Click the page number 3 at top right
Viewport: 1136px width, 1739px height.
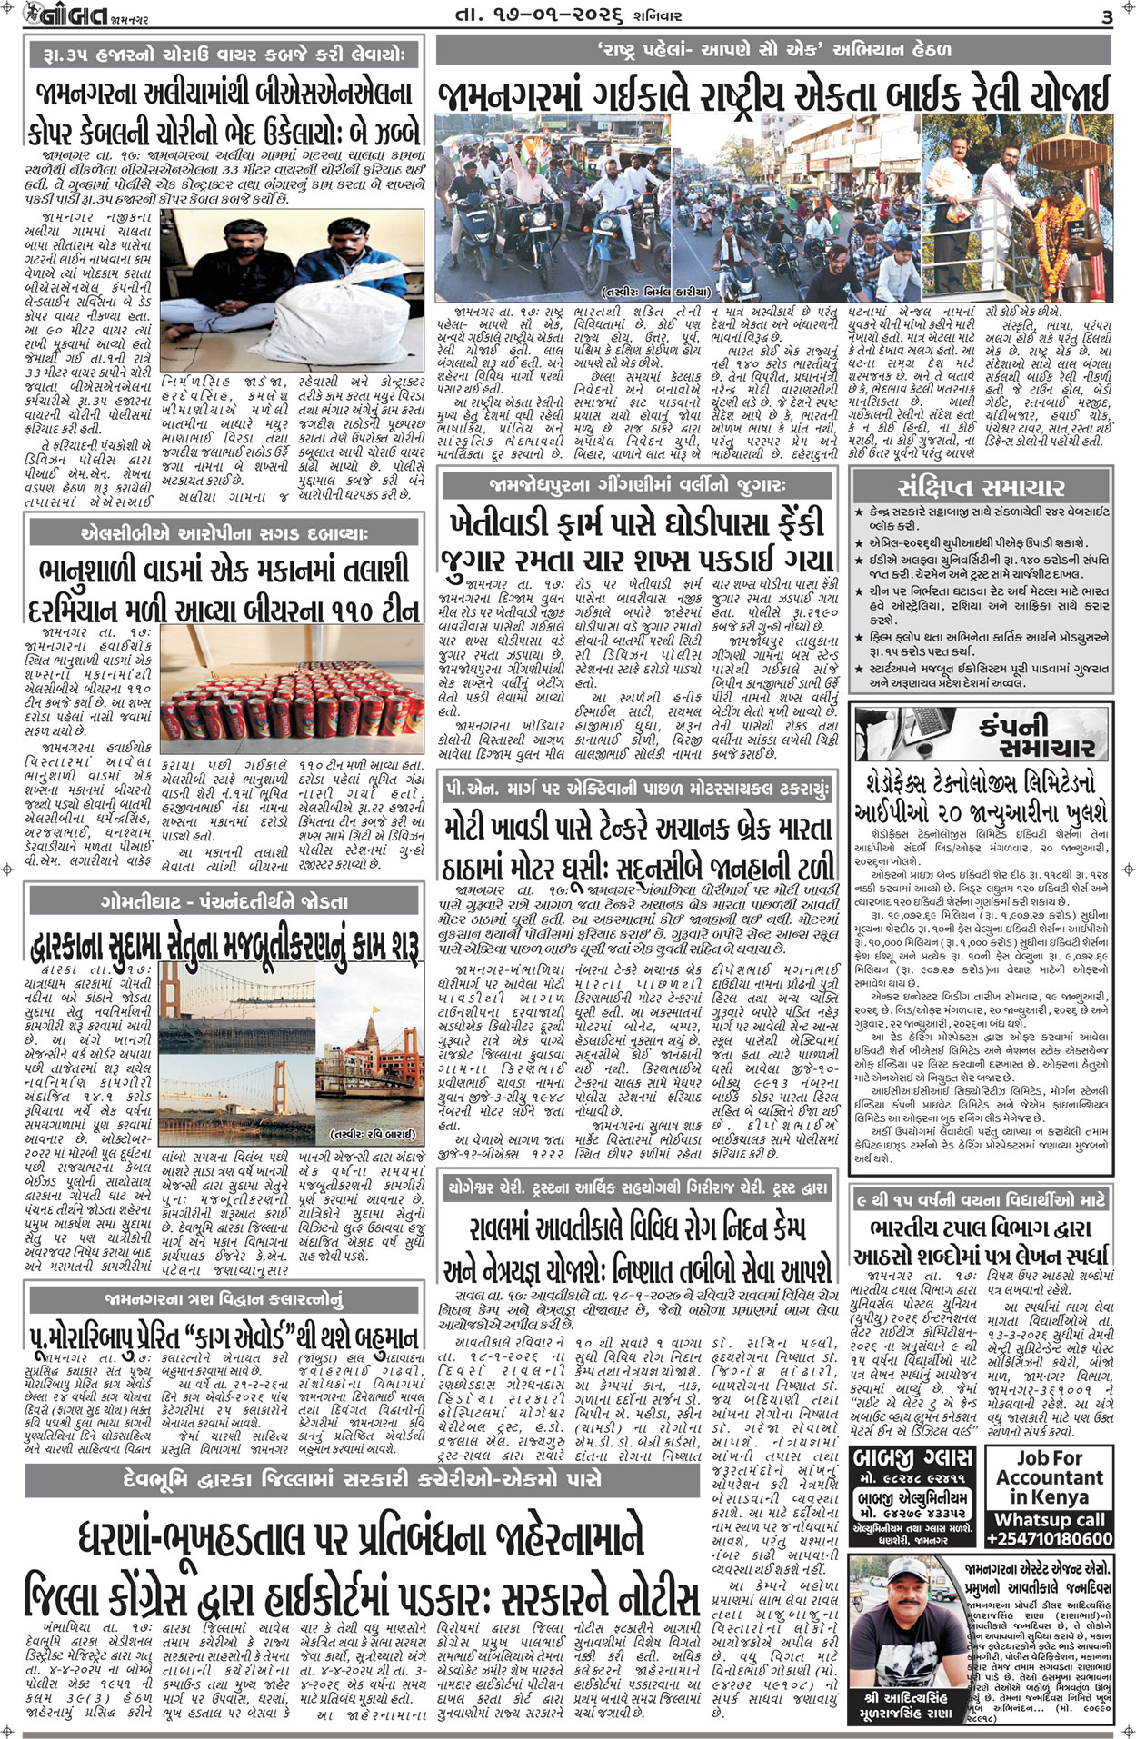pyautogui.click(x=1106, y=17)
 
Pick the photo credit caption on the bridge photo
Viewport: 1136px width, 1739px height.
pyautogui.click(x=374, y=1134)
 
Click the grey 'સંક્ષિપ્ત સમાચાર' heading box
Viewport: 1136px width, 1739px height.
pyautogui.click(x=981, y=486)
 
